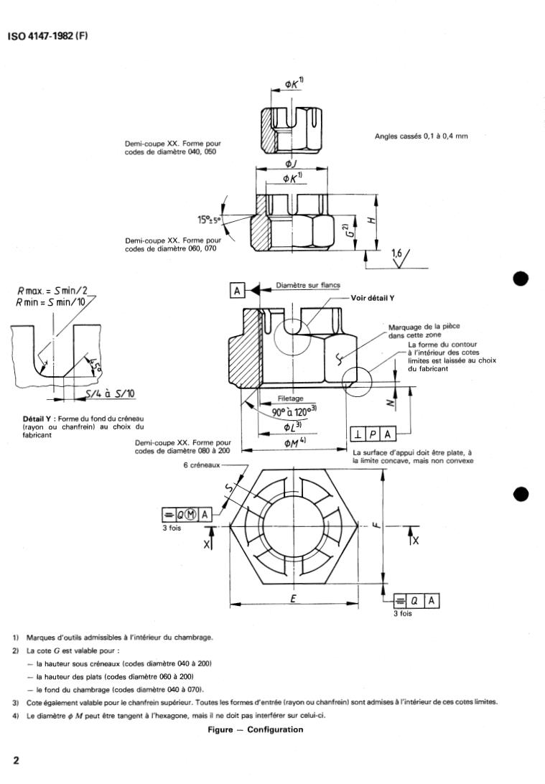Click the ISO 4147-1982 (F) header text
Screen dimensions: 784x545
[47, 36]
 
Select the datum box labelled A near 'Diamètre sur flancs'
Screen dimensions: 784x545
[238, 290]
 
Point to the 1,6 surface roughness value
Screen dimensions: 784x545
[397, 253]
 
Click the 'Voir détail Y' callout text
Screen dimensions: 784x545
[375, 297]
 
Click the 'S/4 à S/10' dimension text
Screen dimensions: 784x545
[109, 393]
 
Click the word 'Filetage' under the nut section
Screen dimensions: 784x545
[290, 398]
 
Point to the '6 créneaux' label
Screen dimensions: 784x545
[202, 465]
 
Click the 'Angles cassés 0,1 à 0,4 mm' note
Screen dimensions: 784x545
[421, 136]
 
